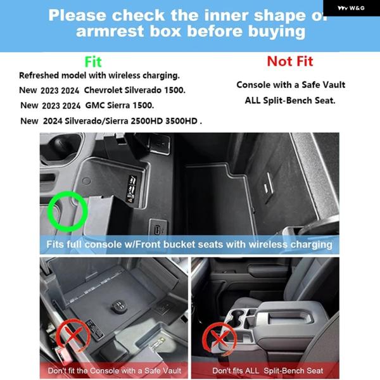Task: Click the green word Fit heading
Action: (93, 62)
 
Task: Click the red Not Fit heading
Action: (290, 61)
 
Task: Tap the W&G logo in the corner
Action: (351, 8)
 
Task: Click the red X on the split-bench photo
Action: (220, 339)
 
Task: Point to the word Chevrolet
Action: (103, 90)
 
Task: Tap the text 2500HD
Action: (147, 121)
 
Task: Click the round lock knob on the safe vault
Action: (119, 306)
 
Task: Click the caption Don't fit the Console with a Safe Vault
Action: (115, 370)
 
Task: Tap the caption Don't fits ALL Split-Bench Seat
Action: (267, 370)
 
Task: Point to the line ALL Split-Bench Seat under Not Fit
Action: (290, 100)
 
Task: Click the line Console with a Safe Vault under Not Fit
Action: (291, 85)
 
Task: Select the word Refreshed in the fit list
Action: (39, 75)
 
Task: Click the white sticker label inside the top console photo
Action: (131, 188)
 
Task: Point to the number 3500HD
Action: (181, 121)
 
